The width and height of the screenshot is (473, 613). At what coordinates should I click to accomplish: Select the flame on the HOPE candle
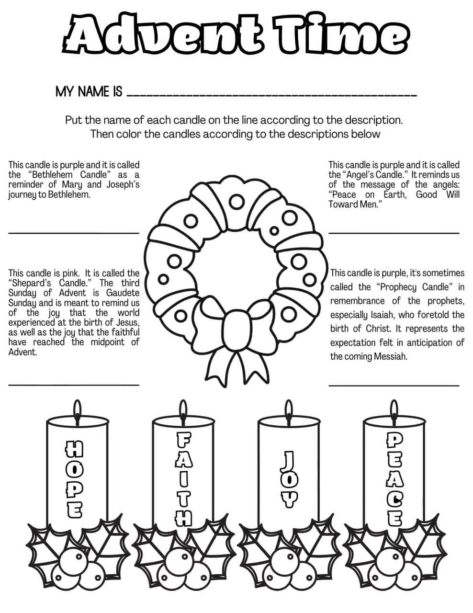(77, 407)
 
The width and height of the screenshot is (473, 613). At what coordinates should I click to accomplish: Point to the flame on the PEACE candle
(394, 407)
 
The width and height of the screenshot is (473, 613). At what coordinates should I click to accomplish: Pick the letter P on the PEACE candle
(394, 440)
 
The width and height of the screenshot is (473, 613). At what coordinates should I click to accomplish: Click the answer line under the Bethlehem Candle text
(74, 232)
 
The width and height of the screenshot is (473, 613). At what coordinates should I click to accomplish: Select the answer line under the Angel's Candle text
(394, 233)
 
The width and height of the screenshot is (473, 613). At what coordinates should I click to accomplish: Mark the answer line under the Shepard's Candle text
(74, 384)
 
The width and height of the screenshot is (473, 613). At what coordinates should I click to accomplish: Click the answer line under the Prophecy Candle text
(394, 385)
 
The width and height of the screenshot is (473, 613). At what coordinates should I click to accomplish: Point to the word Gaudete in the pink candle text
(123, 293)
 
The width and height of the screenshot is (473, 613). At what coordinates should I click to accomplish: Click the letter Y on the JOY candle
(288, 499)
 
